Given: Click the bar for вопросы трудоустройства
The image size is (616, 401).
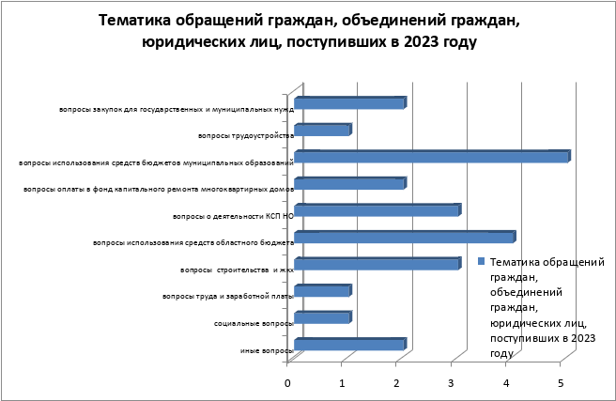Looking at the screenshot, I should (x=322, y=130).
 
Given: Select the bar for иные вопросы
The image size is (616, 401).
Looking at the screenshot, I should (x=349, y=345).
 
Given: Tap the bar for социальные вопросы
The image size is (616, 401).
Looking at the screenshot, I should (x=322, y=317).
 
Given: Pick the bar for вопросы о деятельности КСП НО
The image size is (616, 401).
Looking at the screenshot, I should (x=377, y=210).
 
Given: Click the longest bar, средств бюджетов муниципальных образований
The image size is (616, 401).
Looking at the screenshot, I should (x=431, y=157).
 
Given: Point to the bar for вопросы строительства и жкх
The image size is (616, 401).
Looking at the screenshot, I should (x=377, y=264).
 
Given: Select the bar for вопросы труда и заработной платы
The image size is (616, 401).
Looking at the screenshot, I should (x=322, y=291).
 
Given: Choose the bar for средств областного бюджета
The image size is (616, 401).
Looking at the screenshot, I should (x=404, y=238).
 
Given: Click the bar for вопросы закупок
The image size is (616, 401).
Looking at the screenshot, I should (x=349, y=103).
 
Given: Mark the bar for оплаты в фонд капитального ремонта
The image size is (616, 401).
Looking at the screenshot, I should (x=349, y=184).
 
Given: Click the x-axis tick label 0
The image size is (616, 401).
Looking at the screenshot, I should (x=287, y=382).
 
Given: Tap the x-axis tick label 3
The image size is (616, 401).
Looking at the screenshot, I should (x=452, y=382).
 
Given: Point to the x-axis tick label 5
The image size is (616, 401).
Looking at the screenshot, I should (x=561, y=382).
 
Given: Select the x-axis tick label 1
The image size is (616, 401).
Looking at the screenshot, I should (x=342, y=382).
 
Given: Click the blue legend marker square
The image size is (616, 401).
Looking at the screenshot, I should (x=481, y=262).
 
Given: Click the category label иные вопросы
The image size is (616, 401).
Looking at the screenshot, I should (x=267, y=351).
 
